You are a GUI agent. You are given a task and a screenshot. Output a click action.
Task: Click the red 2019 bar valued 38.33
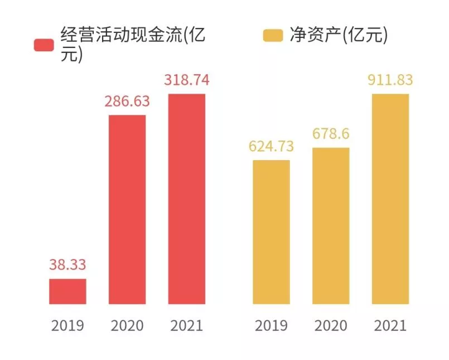pyautogui.click(x=67, y=291)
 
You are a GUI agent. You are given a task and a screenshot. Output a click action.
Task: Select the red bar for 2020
pyautogui.click(x=127, y=209)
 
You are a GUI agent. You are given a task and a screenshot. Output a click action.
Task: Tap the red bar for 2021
pyautogui.click(x=187, y=199)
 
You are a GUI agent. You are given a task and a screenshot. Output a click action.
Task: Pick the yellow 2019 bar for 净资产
pyautogui.click(x=271, y=232)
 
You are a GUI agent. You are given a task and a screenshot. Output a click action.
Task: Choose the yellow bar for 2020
pyautogui.click(x=331, y=225)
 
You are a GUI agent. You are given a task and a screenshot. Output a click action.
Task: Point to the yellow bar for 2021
pyautogui.click(x=390, y=199)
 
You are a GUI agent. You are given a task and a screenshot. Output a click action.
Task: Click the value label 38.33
pyautogui.click(x=67, y=265)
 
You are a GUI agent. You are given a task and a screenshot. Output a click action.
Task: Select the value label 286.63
pyautogui.click(x=127, y=102)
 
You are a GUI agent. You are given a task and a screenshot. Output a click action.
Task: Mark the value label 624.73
pyautogui.click(x=271, y=146)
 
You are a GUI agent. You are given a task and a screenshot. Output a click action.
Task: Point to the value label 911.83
pyautogui.click(x=390, y=80)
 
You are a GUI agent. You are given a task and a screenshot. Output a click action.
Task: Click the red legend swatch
pyautogui.click(x=44, y=45)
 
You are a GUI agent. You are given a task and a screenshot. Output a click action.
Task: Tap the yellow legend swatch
pyautogui.click(x=273, y=36)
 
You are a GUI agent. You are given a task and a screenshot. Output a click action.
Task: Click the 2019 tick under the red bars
pyautogui.click(x=67, y=325)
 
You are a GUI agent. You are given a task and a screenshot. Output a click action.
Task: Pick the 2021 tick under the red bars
pyautogui.click(x=187, y=325)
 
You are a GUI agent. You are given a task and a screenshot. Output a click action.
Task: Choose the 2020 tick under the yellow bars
pyautogui.click(x=331, y=325)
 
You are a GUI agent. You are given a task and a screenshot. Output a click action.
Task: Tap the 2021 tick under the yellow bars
pyautogui.click(x=390, y=325)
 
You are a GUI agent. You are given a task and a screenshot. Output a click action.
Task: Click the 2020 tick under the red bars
pyautogui.click(x=127, y=325)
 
